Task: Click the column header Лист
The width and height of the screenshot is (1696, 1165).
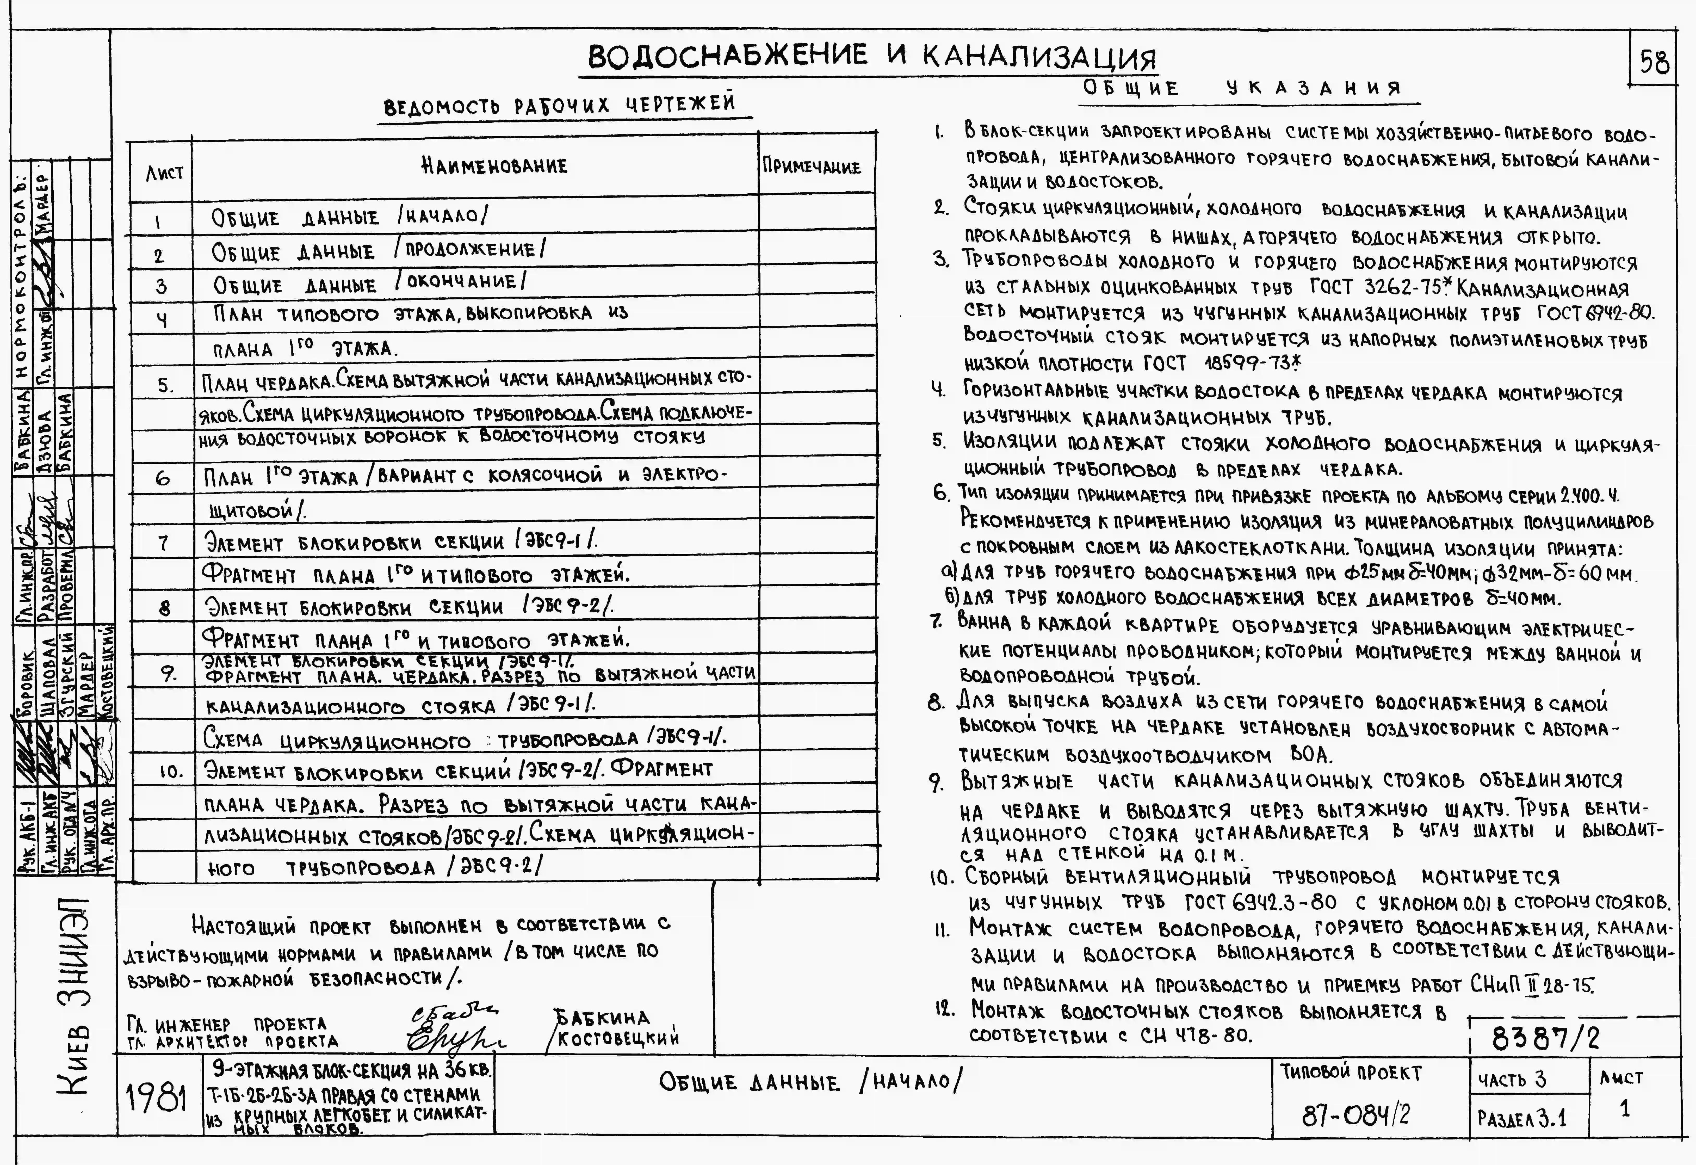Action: [164, 173]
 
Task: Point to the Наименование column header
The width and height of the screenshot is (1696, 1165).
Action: [494, 166]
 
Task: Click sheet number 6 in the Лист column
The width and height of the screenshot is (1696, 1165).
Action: [163, 478]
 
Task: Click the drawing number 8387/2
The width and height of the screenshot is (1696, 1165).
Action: [1545, 1037]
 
